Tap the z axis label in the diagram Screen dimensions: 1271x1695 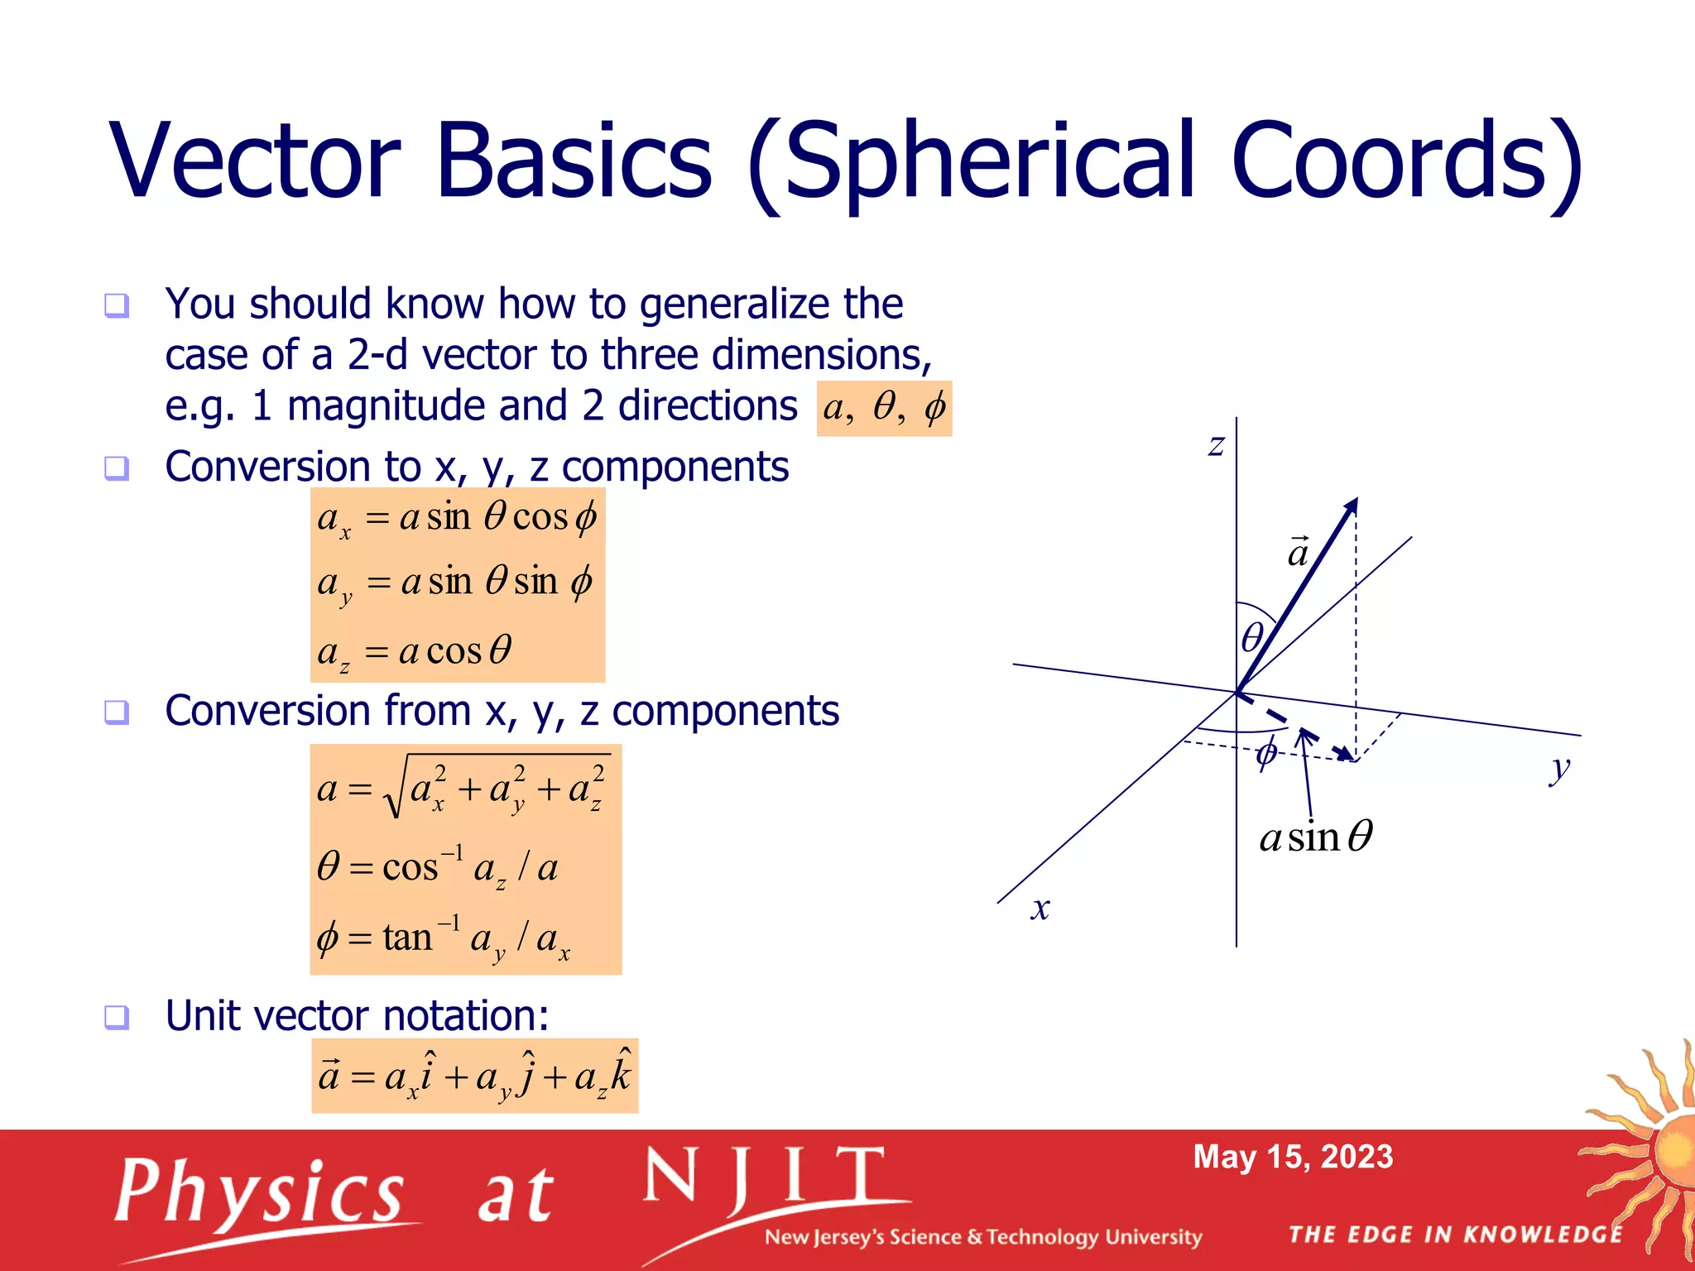click(1216, 446)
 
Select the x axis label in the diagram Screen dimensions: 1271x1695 click(1040, 909)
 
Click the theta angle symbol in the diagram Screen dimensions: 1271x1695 click(1253, 637)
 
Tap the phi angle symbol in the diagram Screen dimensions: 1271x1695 click(1266, 753)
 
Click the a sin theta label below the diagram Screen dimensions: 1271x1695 click(1316, 837)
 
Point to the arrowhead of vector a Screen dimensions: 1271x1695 click(1352, 505)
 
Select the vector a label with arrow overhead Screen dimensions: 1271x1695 click(1298, 552)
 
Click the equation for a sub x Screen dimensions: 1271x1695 click(457, 519)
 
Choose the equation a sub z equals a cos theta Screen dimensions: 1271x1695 click(415, 651)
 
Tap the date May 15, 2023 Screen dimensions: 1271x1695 click(1293, 1157)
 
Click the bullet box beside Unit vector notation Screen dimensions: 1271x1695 click(117, 1017)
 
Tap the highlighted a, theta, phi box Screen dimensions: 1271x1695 click(884, 408)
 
